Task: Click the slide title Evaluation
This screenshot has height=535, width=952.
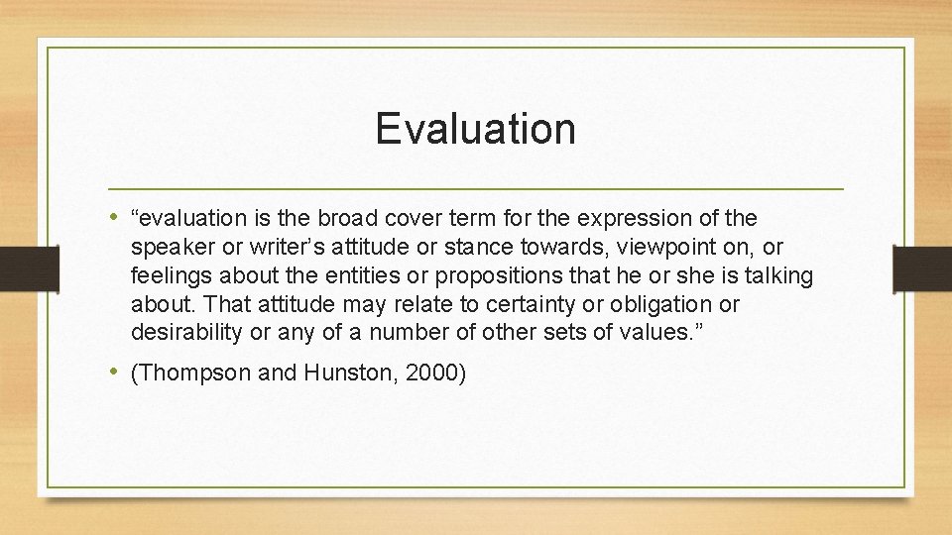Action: (475, 129)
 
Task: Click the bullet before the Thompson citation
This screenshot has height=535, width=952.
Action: (116, 373)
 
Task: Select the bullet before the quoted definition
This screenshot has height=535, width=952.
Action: (116, 217)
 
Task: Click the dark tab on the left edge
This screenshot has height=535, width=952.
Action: (16, 267)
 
